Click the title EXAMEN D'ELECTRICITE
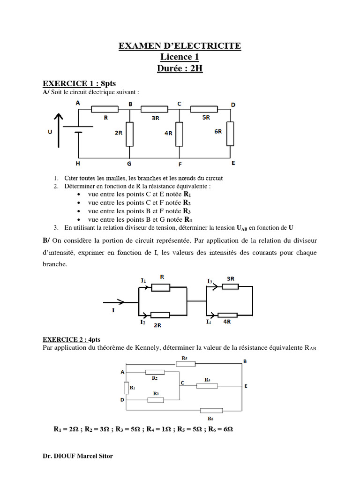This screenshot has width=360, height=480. tap(180, 46)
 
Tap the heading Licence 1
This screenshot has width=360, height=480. tap(180, 57)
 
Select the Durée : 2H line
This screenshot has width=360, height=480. tap(180, 68)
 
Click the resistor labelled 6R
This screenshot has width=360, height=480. tap(230, 134)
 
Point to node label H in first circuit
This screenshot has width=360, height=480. tap(78, 164)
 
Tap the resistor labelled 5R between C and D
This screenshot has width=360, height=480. tap(205, 109)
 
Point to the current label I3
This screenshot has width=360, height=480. tap(210, 281)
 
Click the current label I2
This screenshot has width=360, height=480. tap(142, 322)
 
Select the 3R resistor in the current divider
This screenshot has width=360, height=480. tap(231, 286)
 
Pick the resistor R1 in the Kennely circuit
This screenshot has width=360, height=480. tap(126, 388)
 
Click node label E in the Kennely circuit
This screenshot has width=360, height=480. tap(246, 386)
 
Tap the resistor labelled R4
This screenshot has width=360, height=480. tap(207, 386)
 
